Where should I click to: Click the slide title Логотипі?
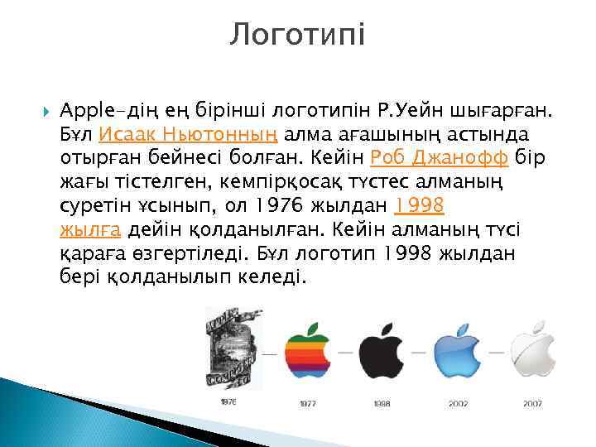[x=297, y=35]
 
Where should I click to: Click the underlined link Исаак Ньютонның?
[x=190, y=134]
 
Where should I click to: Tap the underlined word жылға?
[x=92, y=228]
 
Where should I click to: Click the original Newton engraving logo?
[x=229, y=348]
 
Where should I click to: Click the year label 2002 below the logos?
[x=458, y=404]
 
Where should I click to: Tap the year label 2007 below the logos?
[x=533, y=404]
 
